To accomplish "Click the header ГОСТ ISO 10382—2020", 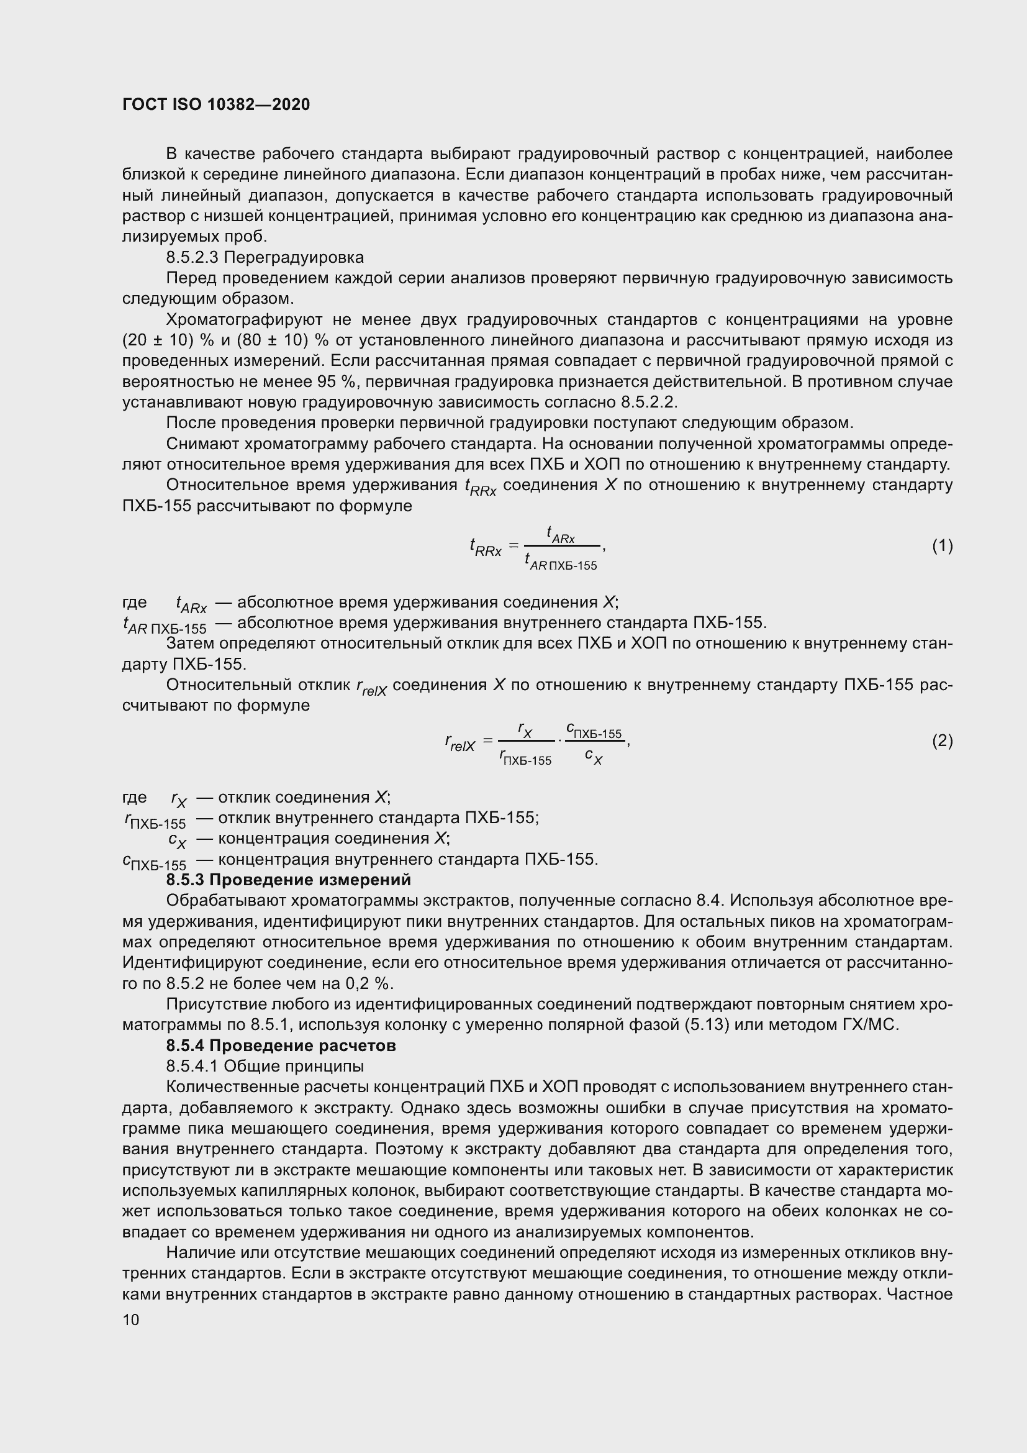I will pyautogui.click(x=216, y=104).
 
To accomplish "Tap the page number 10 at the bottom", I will pyautogui.click(x=131, y=1319).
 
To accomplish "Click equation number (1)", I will pyautogui.click(x=942, y=545).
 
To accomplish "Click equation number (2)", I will pyautogui.click(x=942, y=740).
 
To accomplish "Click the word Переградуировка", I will pyautogui.click(x=294, y=258).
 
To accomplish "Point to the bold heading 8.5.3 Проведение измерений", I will pyautogui.click(x=288, y=880).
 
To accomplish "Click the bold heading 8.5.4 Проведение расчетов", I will pyautogui.click(x=281, y=1045).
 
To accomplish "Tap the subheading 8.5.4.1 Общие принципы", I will pyautogui.click(x=265, y=1067).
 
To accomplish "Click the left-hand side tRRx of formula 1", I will pyautogui.click(x=485, y=548).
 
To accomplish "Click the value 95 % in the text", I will pyautogui.click(x=340, y=382).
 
